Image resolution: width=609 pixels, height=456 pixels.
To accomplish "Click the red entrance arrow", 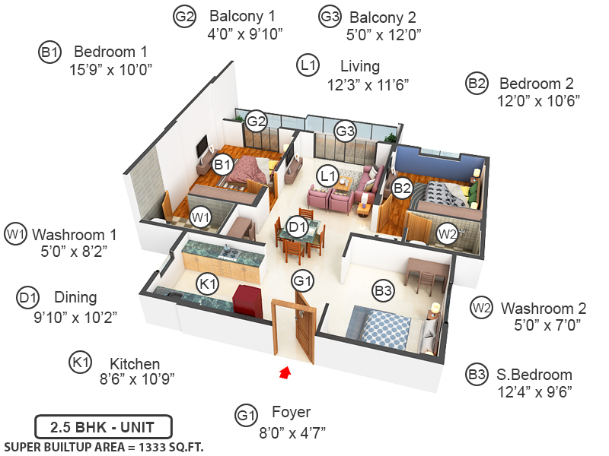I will (285, 372).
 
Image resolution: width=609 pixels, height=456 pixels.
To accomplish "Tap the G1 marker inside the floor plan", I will (303, 282).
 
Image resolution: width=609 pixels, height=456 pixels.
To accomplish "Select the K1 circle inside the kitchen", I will (207, 283).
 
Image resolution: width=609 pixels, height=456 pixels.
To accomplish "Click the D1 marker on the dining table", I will (297, 226).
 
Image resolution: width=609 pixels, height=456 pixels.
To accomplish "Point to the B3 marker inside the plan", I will (383, 290).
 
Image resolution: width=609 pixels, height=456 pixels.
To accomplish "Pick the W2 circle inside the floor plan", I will (447, 234).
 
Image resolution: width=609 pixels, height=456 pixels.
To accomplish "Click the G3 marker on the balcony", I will (346, 131).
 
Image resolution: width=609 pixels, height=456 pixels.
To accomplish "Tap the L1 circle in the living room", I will (328, 176).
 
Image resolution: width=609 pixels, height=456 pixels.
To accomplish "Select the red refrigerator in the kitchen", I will (247, 299).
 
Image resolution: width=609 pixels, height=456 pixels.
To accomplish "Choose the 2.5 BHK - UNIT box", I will (104, 426).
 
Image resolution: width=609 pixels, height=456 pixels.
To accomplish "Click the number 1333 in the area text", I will (145, 446).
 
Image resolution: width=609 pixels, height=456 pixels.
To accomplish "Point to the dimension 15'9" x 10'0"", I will (111, 70).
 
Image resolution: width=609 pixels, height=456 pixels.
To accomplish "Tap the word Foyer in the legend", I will (291, 413).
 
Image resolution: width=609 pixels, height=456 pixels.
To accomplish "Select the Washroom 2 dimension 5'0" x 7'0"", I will (547, 326).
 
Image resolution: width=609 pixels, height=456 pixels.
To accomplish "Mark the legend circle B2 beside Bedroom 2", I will (477, 84).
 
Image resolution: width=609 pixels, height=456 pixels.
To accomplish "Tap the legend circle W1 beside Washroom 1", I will (15, 233).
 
